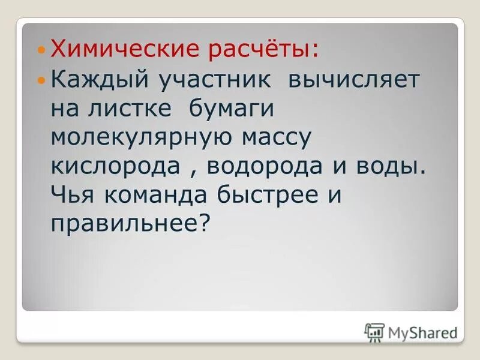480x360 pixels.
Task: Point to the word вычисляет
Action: (355, 80)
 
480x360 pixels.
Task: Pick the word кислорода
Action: (116, 167)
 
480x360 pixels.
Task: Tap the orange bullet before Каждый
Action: (41, 80)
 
